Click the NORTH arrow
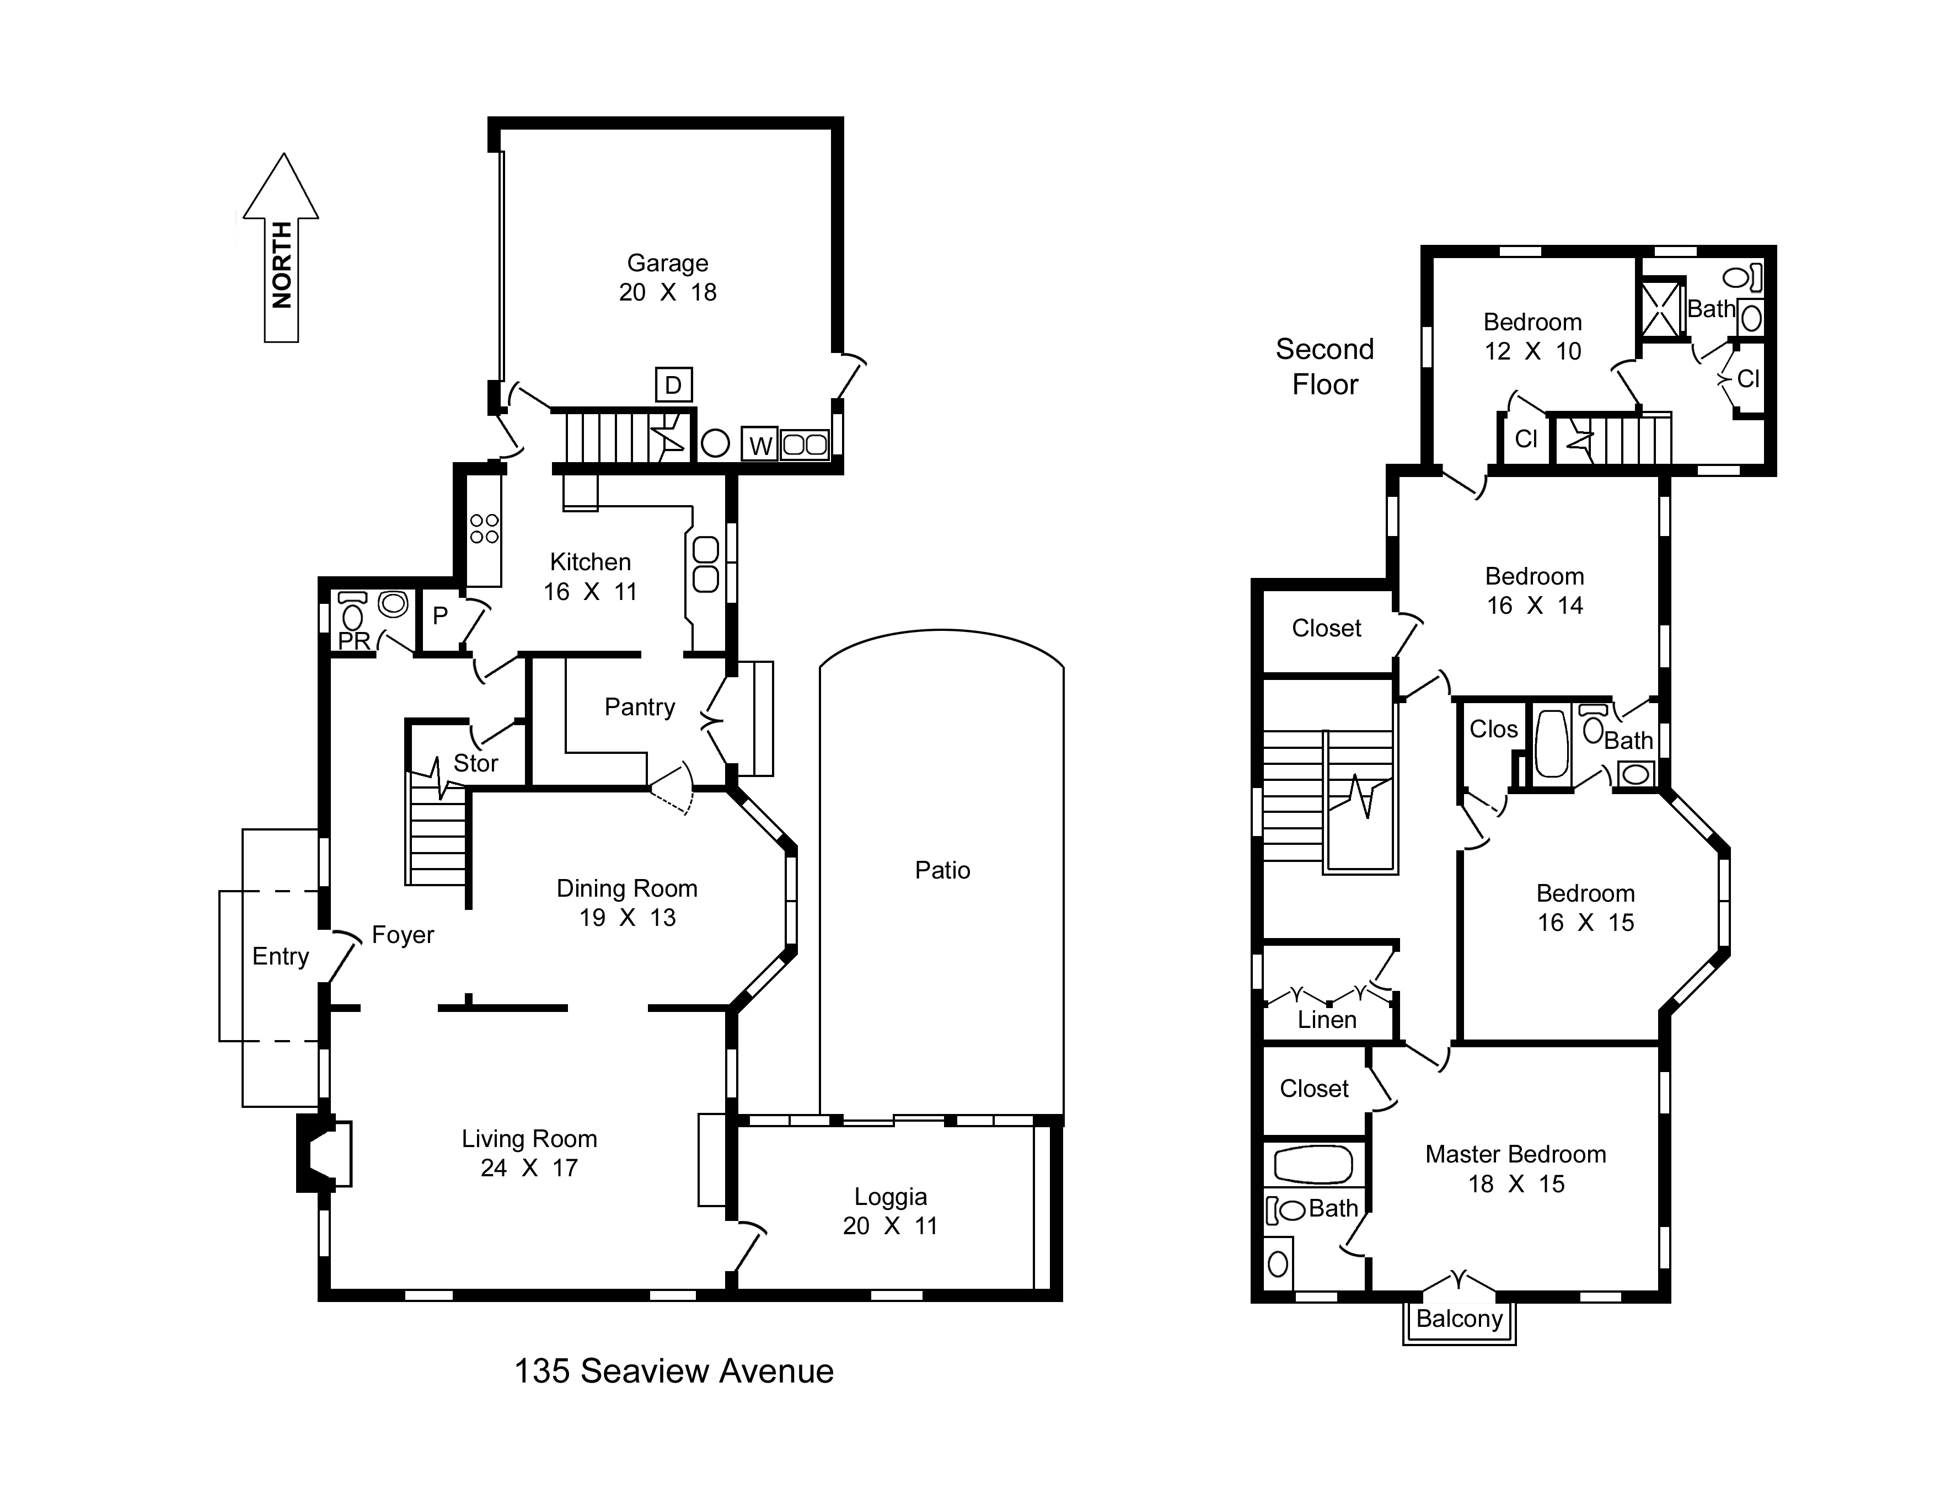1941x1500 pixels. tap(281, 248)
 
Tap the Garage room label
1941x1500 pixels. tap(667, 277)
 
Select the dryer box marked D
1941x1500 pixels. tap(674, 385)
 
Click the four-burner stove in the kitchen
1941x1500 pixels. tap(484, 529)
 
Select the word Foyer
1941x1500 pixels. tap(403, 935)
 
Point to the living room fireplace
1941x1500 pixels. tap(324, 1154)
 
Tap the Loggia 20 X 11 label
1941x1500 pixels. tap(891, 1211)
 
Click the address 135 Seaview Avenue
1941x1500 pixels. tap(674, 1371)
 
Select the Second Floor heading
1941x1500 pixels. tap(1325, 366)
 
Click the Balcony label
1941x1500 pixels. tap(1459, 1319)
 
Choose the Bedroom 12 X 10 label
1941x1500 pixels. tap(1532, 336)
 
